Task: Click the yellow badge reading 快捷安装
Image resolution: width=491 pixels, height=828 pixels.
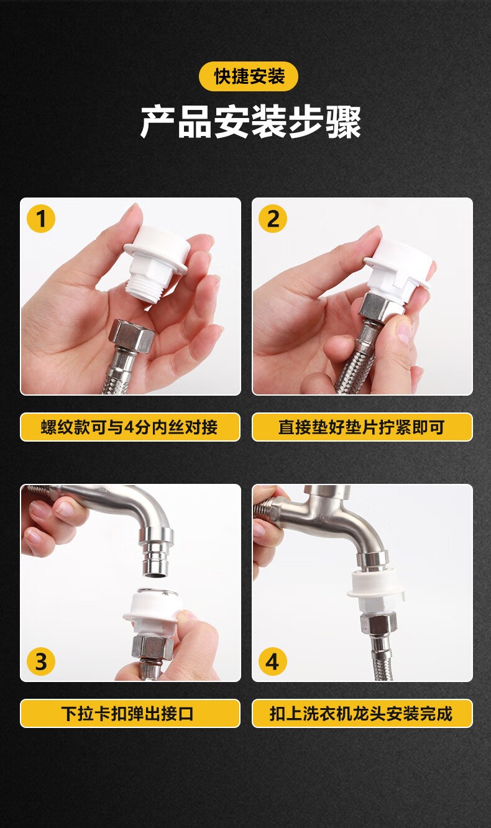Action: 249,76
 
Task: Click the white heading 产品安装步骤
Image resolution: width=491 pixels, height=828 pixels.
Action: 250,122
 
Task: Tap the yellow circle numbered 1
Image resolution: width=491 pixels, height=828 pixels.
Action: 41,219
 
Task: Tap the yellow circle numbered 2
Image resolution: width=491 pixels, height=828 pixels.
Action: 273,219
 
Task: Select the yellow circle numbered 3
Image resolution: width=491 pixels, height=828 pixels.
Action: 41,662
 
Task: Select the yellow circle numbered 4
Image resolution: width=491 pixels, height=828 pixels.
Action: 273,662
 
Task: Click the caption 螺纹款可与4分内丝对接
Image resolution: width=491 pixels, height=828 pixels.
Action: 130,427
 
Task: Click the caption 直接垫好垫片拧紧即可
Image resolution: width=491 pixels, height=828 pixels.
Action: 362,427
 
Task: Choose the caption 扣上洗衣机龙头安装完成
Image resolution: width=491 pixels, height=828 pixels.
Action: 362,714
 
